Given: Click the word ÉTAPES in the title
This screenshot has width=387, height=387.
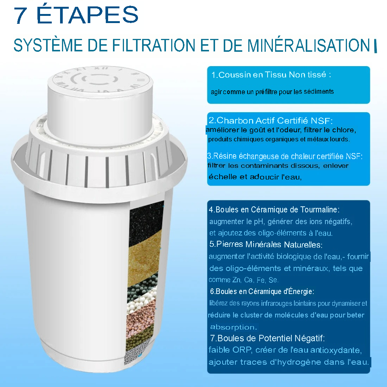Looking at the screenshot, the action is point(87,15).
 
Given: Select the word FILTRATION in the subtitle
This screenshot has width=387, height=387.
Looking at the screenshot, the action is point(154,45).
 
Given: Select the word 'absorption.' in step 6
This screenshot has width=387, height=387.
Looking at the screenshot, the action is point(233,327).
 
